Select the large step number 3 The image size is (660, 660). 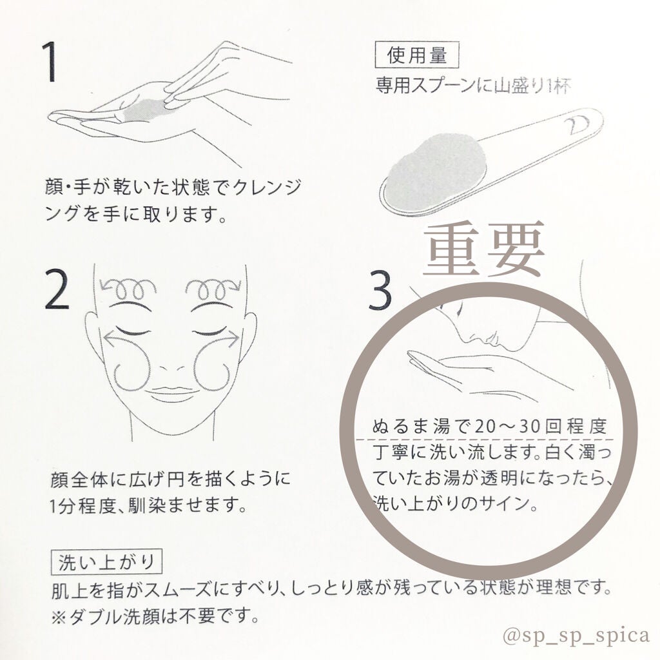(x=380, y=291)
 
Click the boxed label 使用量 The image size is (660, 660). (x=416, y=55)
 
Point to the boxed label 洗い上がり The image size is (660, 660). (x=106, y=562)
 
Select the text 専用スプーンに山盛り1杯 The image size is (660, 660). (x=474, y=86)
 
